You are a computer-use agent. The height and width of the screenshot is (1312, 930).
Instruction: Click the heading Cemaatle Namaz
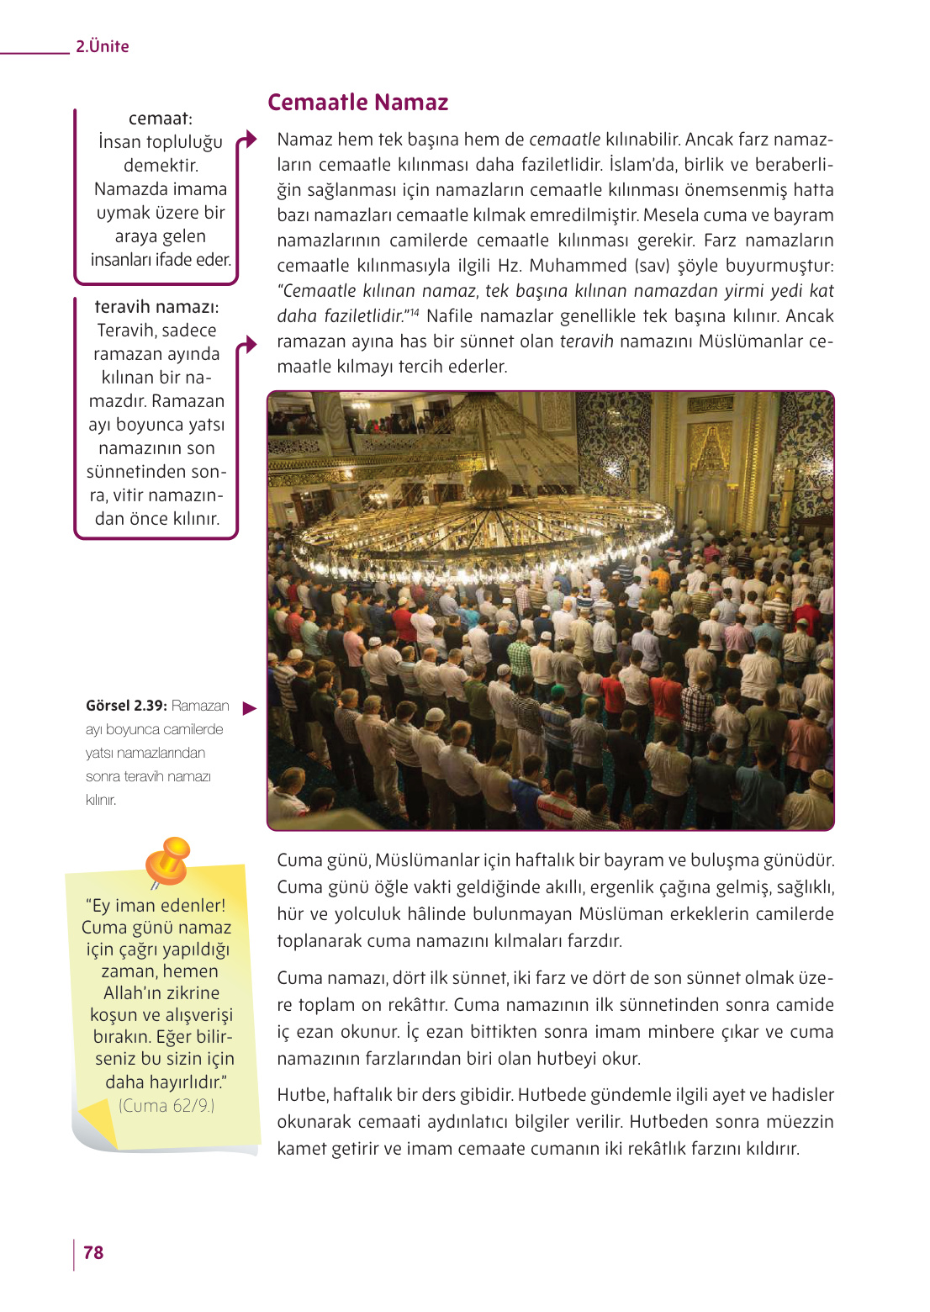tap(357, 103)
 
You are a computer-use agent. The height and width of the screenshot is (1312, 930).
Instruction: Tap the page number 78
tap(93, 1252)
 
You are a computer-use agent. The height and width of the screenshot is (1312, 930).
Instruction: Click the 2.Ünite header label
tap(102, 46)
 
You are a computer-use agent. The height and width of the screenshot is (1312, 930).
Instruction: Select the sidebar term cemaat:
tap(160, 119)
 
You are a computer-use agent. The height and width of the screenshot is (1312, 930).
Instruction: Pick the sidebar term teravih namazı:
tap(156, 307)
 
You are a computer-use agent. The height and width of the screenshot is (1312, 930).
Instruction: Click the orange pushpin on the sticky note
tap(168, 860)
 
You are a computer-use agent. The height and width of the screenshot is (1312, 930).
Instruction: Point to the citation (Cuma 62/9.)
tap(166, 1106)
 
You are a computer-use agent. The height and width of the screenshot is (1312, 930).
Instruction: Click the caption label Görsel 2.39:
tap(126, 706)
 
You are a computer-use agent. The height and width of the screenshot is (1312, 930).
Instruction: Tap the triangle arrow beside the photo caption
tap(249, 708)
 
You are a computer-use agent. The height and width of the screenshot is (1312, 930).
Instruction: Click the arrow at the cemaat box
tap(247, 140)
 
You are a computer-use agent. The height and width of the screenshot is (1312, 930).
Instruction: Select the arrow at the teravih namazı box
tap(247, 344)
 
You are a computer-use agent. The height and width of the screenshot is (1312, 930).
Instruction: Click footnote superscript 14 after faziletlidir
tap(414, 313)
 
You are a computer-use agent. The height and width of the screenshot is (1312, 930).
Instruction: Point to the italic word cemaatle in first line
tap(564, 140)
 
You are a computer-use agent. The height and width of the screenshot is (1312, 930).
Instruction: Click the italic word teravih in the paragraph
tap(586, 341)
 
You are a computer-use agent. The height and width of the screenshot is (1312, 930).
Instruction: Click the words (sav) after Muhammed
tap(653, 266)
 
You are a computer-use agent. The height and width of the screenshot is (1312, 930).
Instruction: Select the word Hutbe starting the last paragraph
tap(301, 1095)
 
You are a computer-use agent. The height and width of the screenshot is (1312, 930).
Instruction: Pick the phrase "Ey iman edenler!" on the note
tap(156, 906)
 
